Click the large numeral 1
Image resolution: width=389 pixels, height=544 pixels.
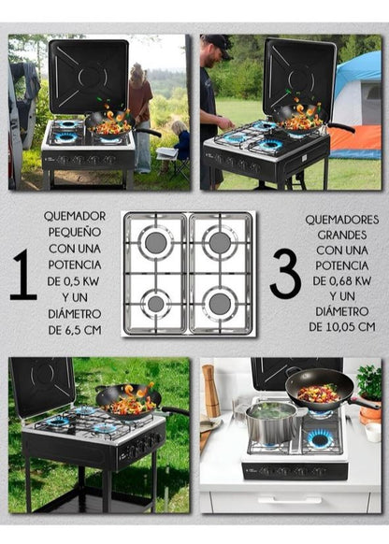23,274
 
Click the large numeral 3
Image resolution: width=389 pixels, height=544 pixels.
285,273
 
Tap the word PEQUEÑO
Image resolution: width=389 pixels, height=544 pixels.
75,232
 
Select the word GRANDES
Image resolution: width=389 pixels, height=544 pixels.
342,235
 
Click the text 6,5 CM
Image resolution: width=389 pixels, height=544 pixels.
83,330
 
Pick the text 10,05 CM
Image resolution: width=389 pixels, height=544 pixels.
351,327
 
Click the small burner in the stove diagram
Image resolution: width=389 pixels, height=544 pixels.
156,304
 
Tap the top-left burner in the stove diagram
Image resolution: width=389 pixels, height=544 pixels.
156,242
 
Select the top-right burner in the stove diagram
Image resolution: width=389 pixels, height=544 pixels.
220,242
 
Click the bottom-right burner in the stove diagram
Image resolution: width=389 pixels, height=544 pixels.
220,303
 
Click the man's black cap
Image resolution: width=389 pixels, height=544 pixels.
218,43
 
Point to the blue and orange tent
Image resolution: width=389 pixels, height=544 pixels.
356,105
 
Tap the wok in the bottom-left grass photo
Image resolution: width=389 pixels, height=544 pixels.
131,402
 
